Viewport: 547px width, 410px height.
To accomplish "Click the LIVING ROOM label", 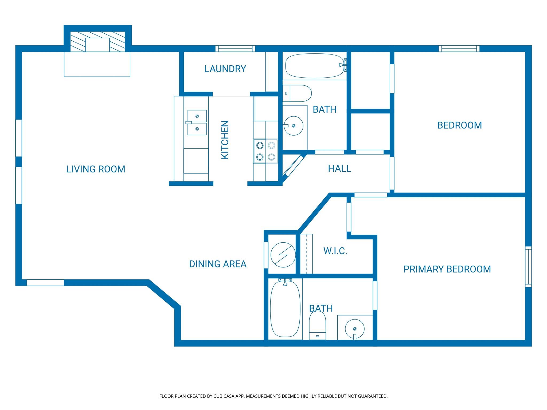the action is coord(96,169).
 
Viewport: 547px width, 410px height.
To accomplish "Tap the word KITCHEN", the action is coord(225,140).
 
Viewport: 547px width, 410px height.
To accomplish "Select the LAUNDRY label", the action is coord(225,69).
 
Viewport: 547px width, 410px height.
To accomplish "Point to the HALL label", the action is coord(339,168).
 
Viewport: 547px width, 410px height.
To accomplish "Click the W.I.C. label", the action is coord(335,251).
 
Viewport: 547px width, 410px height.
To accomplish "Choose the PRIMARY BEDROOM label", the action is coord(447,269).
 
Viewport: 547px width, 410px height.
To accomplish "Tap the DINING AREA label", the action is coord(218,264).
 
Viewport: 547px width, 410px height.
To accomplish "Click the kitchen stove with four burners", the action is coord(265,151).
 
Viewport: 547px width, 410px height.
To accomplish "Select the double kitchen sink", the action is coord(197,123).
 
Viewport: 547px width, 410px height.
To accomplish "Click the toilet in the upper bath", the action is coord(297,93).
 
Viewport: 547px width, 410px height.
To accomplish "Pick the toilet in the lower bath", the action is coord(318,326).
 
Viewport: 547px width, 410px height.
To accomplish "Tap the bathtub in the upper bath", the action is coord(316,66).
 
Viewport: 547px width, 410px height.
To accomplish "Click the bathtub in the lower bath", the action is coord(285,309).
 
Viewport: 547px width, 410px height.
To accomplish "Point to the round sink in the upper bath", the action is coord(293,126).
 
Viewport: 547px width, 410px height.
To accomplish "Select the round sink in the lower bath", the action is coord(355,329).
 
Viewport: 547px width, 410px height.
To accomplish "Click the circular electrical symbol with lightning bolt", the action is coord(283,255).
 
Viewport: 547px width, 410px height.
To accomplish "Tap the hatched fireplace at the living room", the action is coord(97,41).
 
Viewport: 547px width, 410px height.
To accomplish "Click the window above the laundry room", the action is coord(235,49).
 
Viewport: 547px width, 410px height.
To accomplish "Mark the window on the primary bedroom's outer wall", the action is coord(528,267).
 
